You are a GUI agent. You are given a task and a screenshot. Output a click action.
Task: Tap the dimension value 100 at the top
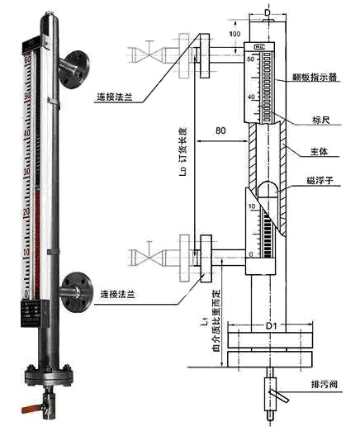pos(234,33)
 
